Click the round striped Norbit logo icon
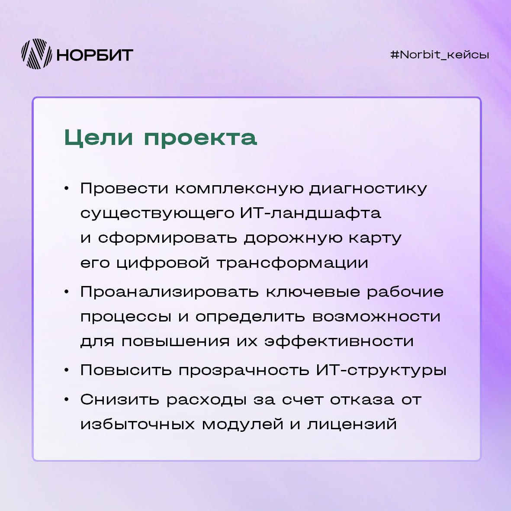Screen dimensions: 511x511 click(x=36, y=54)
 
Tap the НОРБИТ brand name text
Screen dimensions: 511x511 click(x=95, y=55)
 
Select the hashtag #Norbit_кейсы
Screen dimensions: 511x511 click(x=440, y=55)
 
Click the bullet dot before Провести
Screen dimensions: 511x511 click(x=67, y=188)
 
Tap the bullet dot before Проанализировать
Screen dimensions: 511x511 click(x=67, y=291)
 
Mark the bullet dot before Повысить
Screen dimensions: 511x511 click(x=67, y=370)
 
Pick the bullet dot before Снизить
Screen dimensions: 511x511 click(x=67, y=399)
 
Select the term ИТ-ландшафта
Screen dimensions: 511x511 click(x=311, y=213)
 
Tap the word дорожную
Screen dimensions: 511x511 click(x=293, y=238)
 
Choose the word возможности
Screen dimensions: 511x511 click(x=376, y=317)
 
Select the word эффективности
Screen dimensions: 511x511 click(x=339, y=341)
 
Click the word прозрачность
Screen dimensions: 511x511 click(x=244, y=370)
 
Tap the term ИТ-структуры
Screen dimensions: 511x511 click(x=381, y=370)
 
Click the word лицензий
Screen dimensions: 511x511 click(x=352, y=425)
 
